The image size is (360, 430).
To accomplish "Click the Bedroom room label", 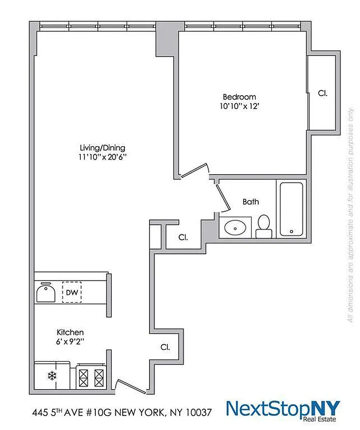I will click(x=239, y=97).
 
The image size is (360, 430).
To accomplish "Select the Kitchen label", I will click(x=70, y=333).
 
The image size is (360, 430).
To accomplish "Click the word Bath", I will click(x=251, y=202).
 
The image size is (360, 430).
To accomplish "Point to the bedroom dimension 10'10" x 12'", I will click(x=239, y=106).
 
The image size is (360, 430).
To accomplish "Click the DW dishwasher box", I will click(x=72, y=293).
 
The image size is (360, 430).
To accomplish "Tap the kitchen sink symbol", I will click(x=46, y=292).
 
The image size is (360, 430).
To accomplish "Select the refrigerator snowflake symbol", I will click(x=52, y=376).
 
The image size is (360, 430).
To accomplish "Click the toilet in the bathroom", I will click(x=264, y=226).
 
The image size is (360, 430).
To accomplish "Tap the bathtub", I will click(x=291, y=209).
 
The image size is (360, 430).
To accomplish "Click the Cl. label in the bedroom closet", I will click(x=323, y=93).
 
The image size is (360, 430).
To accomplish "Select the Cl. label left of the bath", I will click(x=183, y=237).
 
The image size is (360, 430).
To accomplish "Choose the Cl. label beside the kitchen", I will click(x=166, y=347).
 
